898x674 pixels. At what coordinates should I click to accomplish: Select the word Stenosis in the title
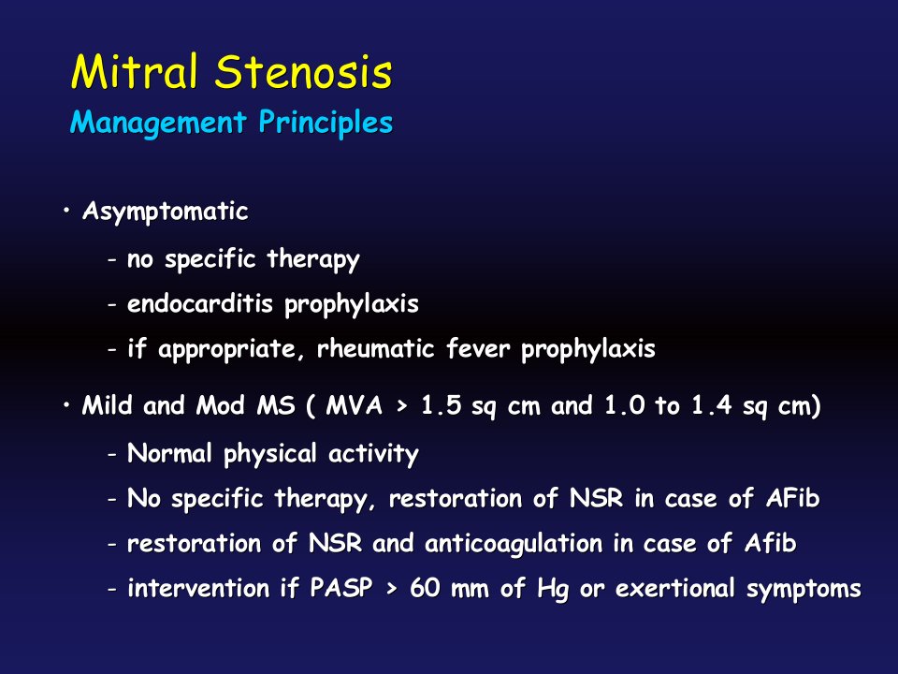click(x=304, y=72)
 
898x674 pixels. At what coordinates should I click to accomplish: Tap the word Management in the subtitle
click(x=158, y=123)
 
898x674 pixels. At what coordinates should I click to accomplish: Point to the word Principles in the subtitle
click(x=326, y=122)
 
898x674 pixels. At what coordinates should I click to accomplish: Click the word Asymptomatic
click(x=165, y=212)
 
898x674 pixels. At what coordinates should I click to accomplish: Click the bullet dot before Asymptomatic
click(x=67, y=211)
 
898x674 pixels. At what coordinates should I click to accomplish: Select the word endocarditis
click(x=200, y=302)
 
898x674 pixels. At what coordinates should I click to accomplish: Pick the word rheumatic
click(x=376, y=348)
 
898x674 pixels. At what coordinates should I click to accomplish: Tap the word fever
click(x=478, y=348)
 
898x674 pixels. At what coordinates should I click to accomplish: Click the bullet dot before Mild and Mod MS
click(x=67, y=405)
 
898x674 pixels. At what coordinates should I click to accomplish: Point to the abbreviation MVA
click(x=355, y=405)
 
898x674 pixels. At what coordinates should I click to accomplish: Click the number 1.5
click(x=441, y=405)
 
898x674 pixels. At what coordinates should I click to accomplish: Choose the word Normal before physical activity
click(x=169, y=453)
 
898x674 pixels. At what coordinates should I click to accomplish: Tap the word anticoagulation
click(x=514, y=544)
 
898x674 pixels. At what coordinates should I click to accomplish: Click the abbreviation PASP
click(x=341, y=588)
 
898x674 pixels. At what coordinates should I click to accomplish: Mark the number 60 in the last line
click(x=425, y=588)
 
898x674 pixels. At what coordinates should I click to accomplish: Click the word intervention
click(x=198, y=588)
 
